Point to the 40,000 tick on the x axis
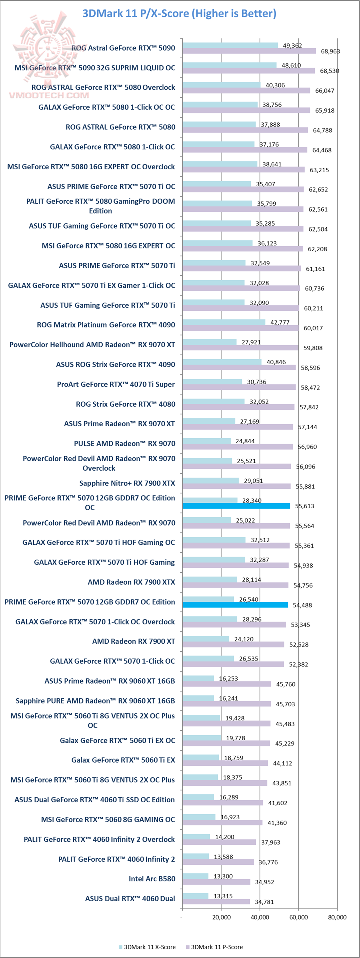coord(260,917)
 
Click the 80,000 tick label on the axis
coord(337,917)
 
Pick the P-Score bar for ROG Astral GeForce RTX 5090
coord(249,51)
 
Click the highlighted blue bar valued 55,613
coord(236,506)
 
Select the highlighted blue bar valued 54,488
coord(235,605)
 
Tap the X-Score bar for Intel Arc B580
coord(195,876)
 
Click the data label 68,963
coord(330,51)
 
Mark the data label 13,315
coord(222,896)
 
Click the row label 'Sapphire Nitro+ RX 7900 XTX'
coord(127,483)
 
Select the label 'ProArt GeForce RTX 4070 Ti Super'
coord(116,384)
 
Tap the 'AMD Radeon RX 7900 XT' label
coord(134,641)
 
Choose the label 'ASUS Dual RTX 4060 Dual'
coord(130,899)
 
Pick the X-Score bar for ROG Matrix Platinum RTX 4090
coord(224,322)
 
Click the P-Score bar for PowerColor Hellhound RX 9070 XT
coord(240,348)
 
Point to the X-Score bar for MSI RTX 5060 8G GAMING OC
coord(199,817)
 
